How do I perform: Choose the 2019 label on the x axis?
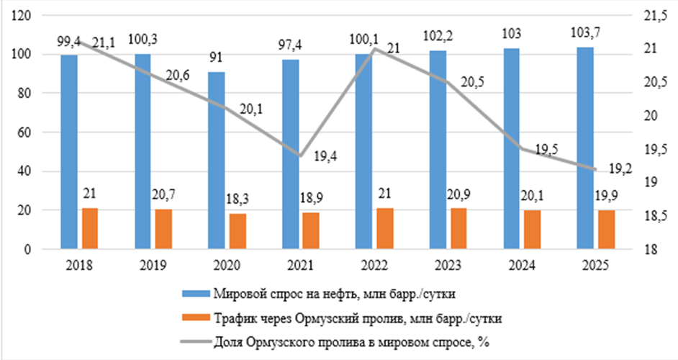(153, 265)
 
